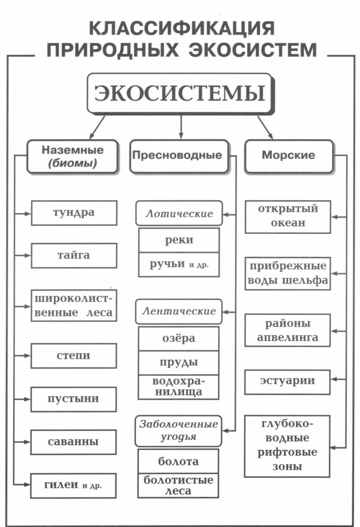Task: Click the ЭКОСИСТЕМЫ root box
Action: [179, 93]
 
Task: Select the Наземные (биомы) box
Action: [73, 156]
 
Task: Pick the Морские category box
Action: [288, 156]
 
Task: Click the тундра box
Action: [74, 212]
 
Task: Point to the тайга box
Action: [74, 256]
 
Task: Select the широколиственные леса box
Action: [74, 306]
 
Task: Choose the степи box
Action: [74, 356]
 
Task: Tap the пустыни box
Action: [74, 399]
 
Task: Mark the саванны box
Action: [74, 443]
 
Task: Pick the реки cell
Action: [179, 240]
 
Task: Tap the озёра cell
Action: [179, 338]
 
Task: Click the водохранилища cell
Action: [179, 386]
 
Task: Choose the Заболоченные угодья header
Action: [179, 430]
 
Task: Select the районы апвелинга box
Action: [288, 330]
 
